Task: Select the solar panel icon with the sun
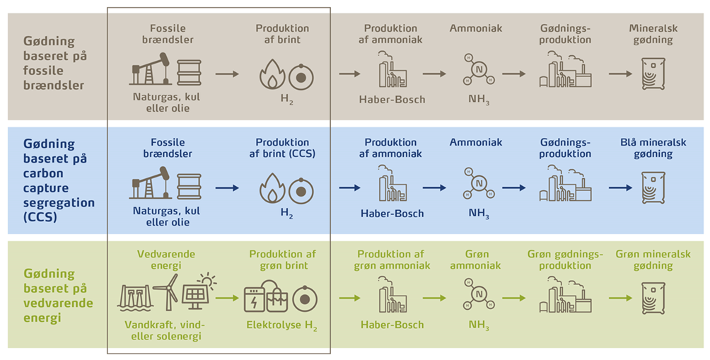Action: pyautogui.click(x=198, y=291)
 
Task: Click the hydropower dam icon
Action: pyautogui.click(x=138, y=297)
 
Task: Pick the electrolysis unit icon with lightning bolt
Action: pyautogui.click(x=261, y=298)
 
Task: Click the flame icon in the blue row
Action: pyautogui.click(x=272, y=187)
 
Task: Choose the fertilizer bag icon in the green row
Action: pyautogui.click(x=653, y=298)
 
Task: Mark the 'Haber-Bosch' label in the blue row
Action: pyautogui.click(x=392, y=214)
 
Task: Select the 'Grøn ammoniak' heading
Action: pyautogui.click(x=476, y=260)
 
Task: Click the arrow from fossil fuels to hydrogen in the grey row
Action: pyautogui.click(x=227, y=73)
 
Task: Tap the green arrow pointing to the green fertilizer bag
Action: pyautogui.click(x=619, y=298)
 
